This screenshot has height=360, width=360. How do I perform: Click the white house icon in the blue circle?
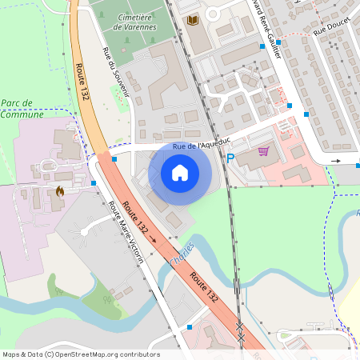[180, 172]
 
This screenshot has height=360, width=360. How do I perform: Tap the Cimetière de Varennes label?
[135, 22]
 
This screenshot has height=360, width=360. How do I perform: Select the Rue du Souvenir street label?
[116, 72]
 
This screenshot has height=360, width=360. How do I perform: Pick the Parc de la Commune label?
[22, 109]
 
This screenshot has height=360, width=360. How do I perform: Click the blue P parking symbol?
[230, 159]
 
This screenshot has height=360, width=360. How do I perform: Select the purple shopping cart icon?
[263, 150]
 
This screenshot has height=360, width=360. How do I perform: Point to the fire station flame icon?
[61, 192]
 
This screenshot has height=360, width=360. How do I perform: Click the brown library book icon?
[193, 20]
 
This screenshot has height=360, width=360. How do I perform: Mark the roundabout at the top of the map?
[214, 13]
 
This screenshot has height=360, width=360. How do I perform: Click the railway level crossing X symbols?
[240, 332]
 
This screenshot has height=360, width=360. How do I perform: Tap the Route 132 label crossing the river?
[204, 286]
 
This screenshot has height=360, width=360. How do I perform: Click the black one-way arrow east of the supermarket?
[335, 161]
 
